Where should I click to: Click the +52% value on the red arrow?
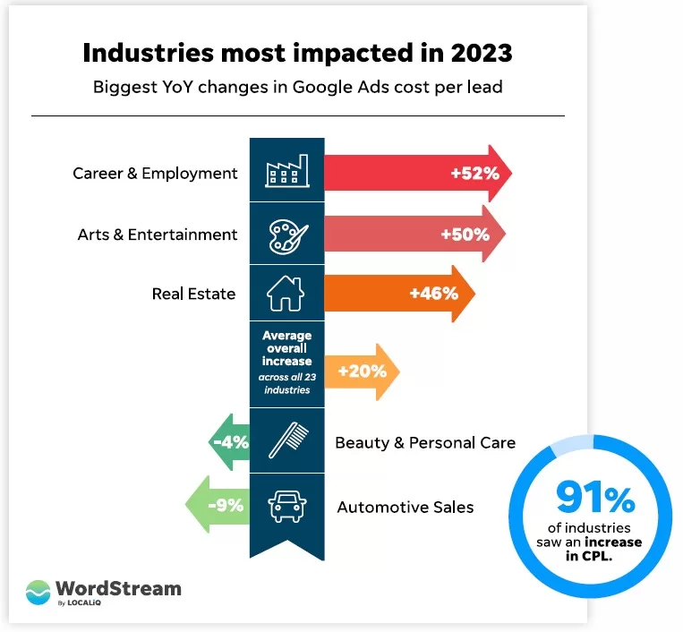pos(474,172)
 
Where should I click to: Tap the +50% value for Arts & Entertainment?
pos(465,235)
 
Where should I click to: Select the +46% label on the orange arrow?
pos(433,293)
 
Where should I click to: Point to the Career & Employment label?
pos(155,173)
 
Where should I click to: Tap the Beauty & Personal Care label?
pos(425,442)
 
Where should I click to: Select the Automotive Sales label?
pos(405,507)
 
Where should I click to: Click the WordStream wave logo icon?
pos(38,593)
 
